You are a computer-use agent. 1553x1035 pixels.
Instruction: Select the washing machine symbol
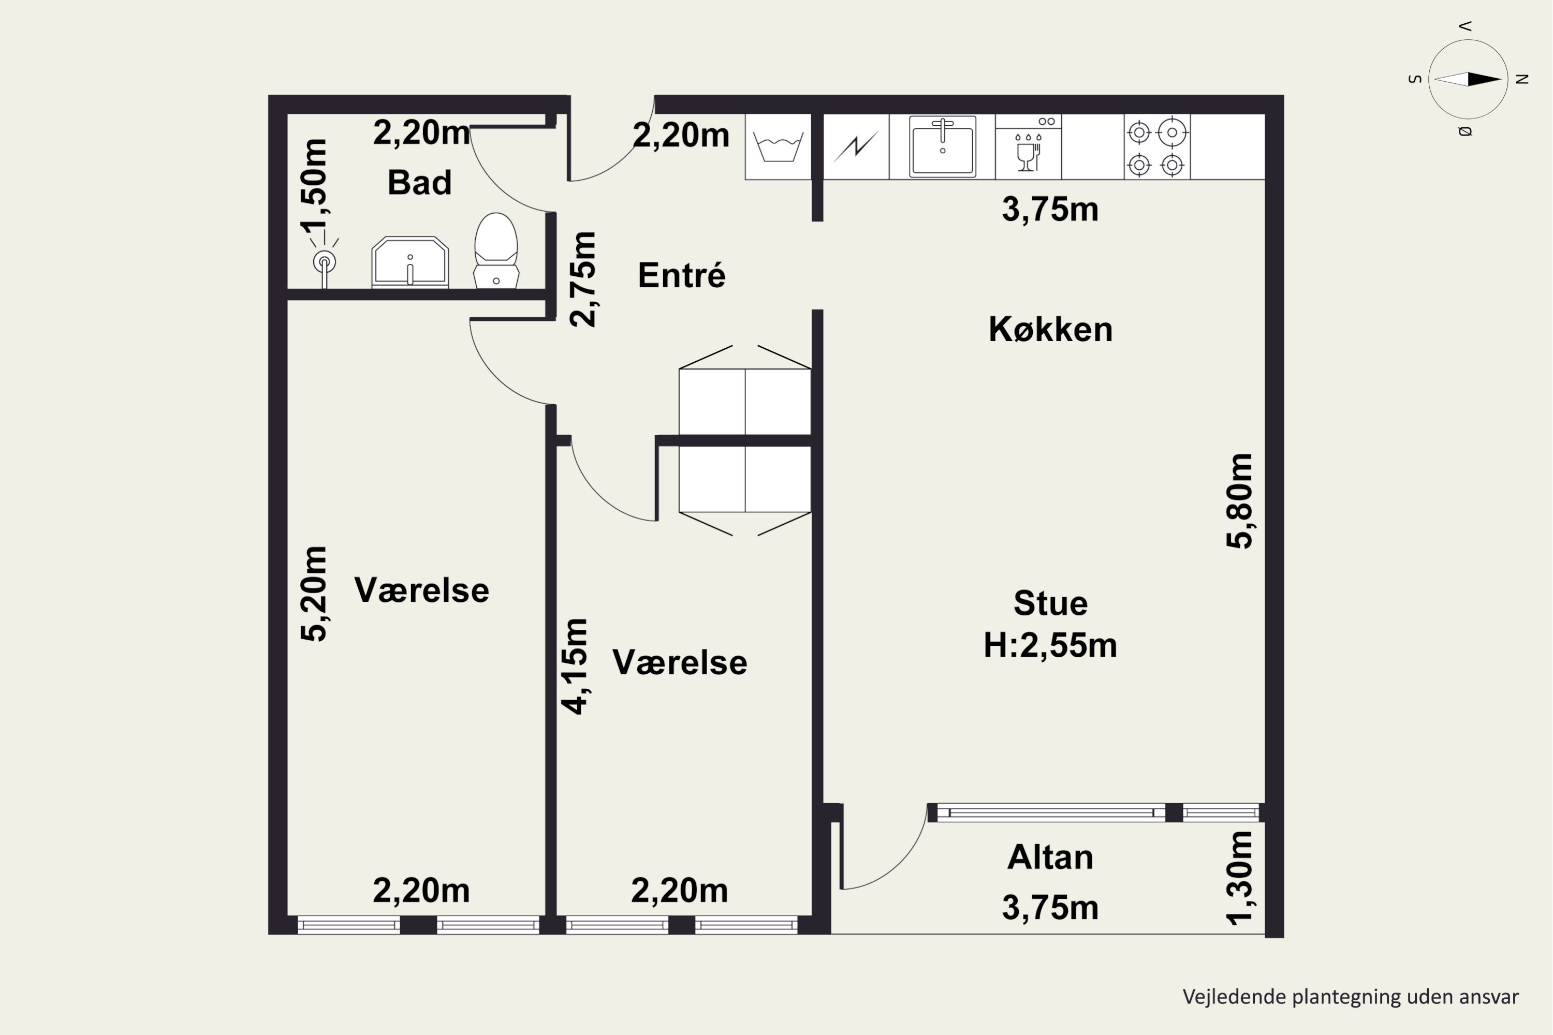pos(779,146)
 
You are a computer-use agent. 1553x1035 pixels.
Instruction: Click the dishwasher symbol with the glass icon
pos(1028,146)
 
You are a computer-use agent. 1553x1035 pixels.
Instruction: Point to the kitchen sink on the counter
pos(942,146)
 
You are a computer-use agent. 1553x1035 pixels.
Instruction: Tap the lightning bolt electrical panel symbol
pos(856,146)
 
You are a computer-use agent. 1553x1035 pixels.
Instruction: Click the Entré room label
pos(681,275)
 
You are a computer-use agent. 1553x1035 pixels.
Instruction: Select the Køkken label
pos(1050,329)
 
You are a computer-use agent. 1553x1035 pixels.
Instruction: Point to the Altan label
pos(1050,857)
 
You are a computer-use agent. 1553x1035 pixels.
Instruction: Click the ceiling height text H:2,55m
pos(1050,645)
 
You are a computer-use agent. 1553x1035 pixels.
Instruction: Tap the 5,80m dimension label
pos(1239,500)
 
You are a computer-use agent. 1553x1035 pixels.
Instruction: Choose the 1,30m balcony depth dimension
pos(1239,878)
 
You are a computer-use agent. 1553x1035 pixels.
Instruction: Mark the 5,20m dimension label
pos(314,594)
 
